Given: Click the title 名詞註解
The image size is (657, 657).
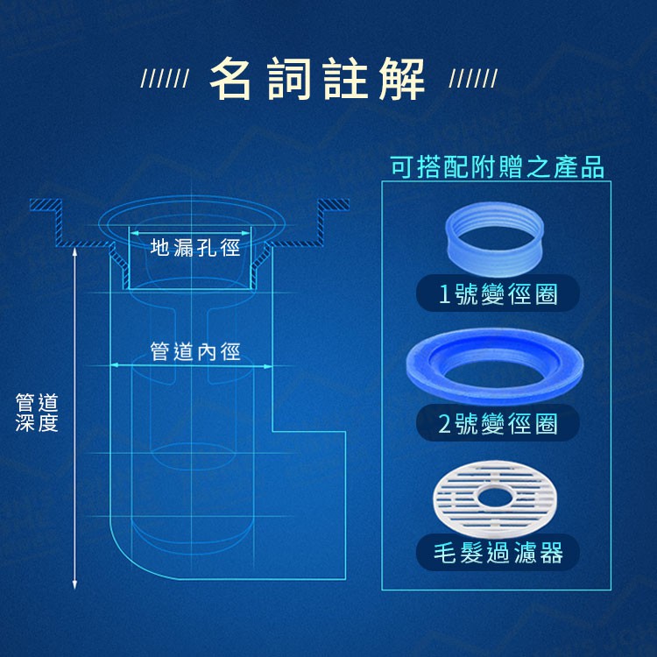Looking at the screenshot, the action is pyautogui.click(x=317, y=78).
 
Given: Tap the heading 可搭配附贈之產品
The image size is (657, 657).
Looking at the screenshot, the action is pyautogui.click(x=498, y=166).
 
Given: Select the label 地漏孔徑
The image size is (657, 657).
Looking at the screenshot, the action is pyautogui.click(x=195, y=247).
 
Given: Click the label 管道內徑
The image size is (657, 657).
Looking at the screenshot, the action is pyautogui.click(x=195, y=351).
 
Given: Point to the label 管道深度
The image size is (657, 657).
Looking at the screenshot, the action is pyautogui.click(x=37, y=413).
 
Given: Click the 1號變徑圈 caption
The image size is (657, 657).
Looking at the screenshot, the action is pyautogui.click(x=498, y=293).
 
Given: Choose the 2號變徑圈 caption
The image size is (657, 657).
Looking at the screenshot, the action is pyautogui.click(x=498, y=423).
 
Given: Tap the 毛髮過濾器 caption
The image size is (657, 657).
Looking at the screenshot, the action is pyautogui.click(x=498, y=553).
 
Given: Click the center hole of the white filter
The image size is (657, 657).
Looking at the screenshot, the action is pyautogui.click(x=494, y=498).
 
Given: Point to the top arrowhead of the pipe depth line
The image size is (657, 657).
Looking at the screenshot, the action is pyautogui.click(x=74, y=251).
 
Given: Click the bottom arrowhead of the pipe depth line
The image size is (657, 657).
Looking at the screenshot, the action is pyautogui.click(x=74, y=585).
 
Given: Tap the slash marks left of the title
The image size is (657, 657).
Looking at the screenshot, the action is pyautogui.click(x=165, y=78).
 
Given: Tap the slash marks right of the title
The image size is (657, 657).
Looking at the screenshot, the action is pyautogui.click(x=473, y=78).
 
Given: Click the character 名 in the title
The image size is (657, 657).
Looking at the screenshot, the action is pyautogui.click(x=230, y=78).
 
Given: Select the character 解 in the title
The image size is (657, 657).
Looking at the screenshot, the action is pyautogui.click(x=402, y=79).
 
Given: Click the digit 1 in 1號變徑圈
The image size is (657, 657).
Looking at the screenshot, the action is pyautogui.click(x=444, y=294).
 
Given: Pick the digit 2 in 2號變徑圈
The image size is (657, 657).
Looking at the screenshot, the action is pyautogui.click(x=444, y=424).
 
